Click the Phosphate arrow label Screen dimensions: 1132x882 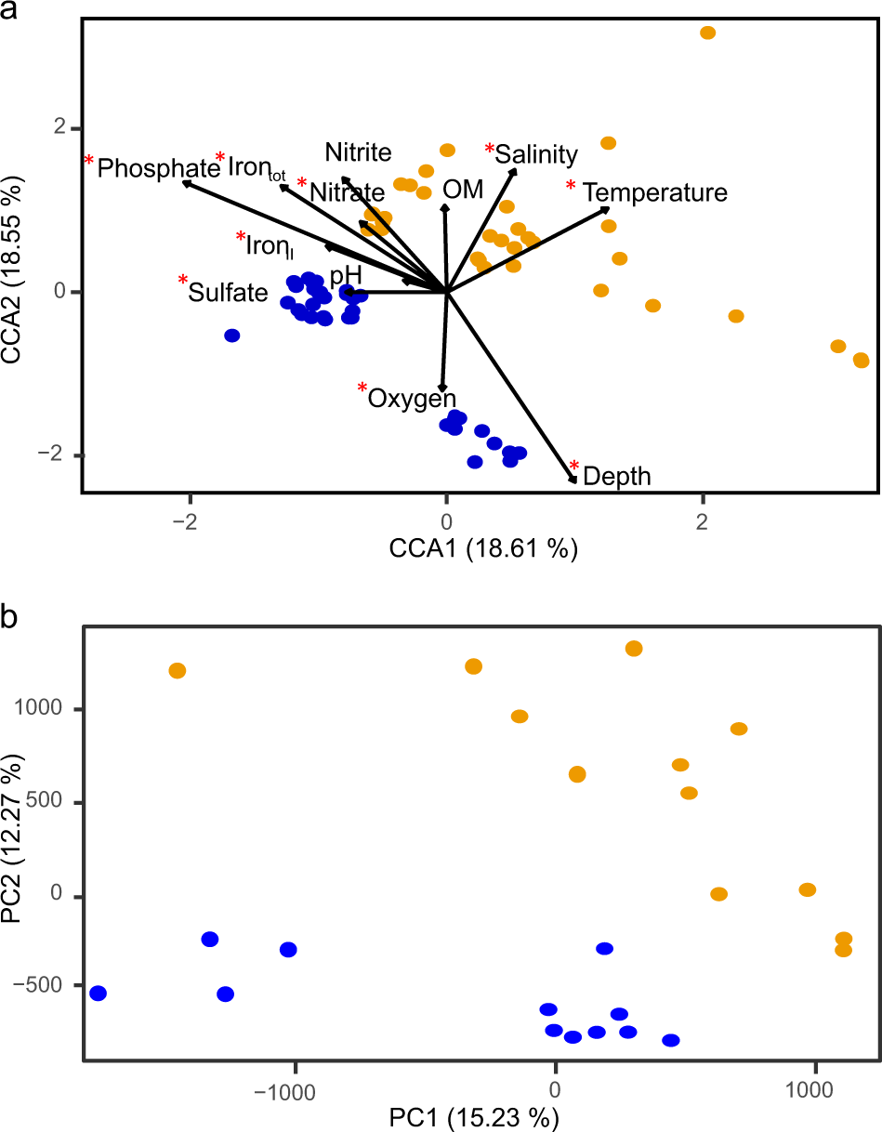pyautogui.click(x=158, y=168)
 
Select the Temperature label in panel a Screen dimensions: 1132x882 pyautogui.click(x=654, y=192)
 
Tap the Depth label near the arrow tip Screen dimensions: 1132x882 pyautogui.click(x=617, y=477)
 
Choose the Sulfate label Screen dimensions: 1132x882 pyautogui.click(x=228, y=293)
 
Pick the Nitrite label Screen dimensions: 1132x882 pyautogui.click(x=358, y=151)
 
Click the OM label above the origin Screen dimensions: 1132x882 pyautogui.click(x=463, y=190)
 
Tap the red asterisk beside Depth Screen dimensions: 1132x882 pyautogui.click(x=574, y=467)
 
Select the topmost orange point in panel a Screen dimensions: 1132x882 pyautogui.click(x=707, y=33)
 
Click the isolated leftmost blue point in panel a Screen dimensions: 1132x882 pyautogui.click(x=232, y=336)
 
